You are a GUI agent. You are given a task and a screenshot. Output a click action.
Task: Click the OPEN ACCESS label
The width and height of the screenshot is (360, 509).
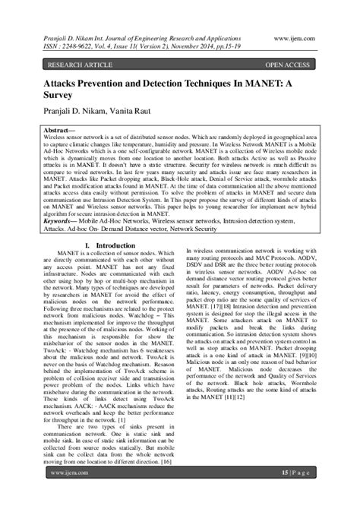pyautogui.click(x=289, y=66)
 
